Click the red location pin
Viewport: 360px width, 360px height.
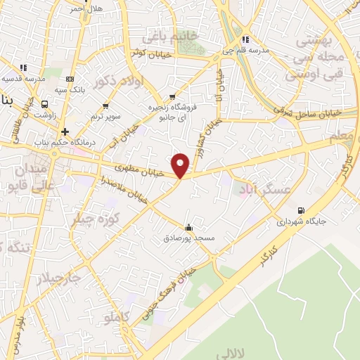click(181, 165)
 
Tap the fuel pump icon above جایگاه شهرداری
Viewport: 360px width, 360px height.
click(302, 210)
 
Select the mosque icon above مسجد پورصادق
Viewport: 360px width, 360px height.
click(188, 227)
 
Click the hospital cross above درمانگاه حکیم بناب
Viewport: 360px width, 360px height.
click(65, 131)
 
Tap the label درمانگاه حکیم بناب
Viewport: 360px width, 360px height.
click(65, 143)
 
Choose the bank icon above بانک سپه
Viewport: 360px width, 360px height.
click(69, 79)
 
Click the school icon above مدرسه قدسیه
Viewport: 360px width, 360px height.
click(23, 67)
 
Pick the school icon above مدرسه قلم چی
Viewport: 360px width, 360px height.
click(245, 39)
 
